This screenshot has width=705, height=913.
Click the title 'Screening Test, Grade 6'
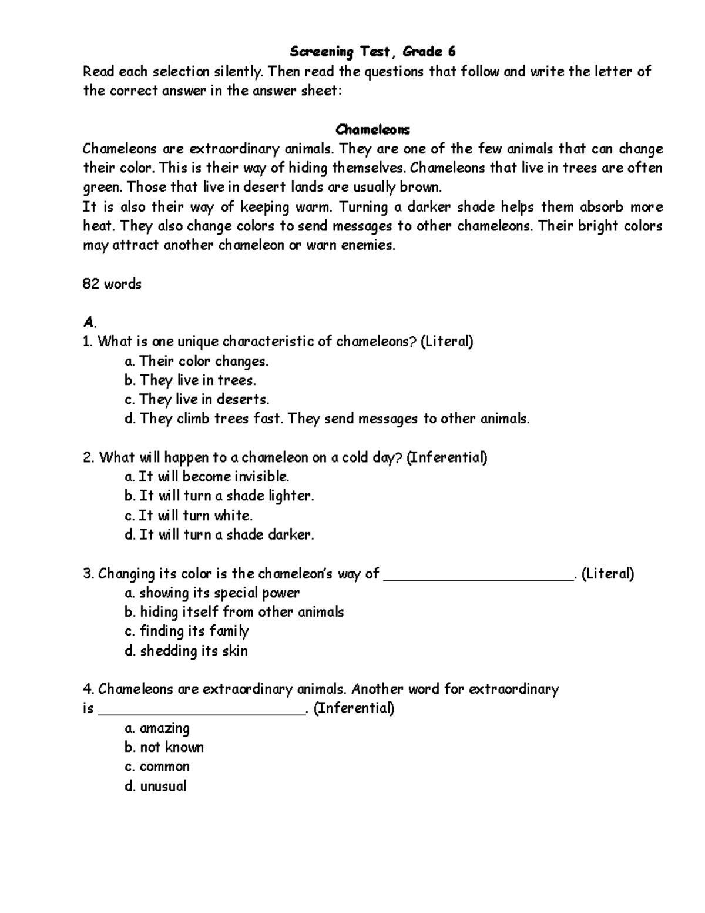[x=372, y=52]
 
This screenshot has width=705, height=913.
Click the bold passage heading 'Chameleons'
[x=372, y=129]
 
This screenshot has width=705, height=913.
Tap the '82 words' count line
[x=112, y=284]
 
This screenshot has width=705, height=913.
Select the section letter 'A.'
[x=89, y=322]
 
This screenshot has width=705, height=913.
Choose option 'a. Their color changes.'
[x=196, y=361]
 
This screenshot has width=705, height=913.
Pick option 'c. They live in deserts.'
[x=197, y=400]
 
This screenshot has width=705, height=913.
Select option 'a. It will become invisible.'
[x=207, y=476]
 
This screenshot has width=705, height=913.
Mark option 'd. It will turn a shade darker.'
[x=219, y=534]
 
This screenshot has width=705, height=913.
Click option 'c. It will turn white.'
[x=189, y=516]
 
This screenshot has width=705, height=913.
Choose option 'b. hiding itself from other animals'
[x=234, y=612]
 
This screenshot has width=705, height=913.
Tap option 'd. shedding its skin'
[x=186, y=651]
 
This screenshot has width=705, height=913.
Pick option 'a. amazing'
[x=157, y=728]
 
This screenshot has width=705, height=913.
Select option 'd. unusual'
[x=156, y=786]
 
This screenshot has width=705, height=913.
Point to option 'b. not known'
[x=164, y=747]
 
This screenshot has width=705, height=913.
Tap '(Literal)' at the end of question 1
[x=446, y=342]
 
